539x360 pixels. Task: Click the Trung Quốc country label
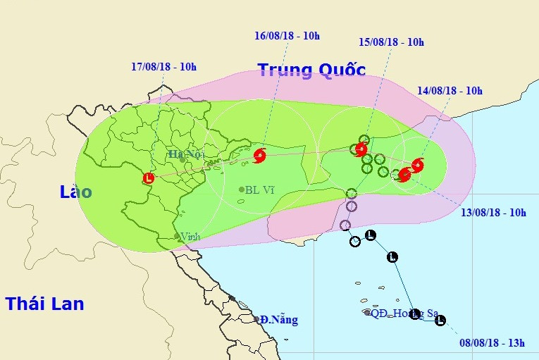click(311, 70)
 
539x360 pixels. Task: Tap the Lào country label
click(75, 192)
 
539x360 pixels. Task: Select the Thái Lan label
click(44, 304)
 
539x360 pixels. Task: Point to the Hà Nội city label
click(186, 154)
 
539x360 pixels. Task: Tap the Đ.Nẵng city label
click(279, 320)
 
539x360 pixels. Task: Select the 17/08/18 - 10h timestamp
click(163, 67)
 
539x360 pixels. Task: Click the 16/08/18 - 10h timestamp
click(287, 35)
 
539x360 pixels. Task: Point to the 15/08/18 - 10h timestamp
click(391, 42)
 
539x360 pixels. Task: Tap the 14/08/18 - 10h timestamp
click(450, 90)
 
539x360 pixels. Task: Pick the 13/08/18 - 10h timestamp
click(493, 212)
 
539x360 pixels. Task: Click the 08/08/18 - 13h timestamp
click(492, 342)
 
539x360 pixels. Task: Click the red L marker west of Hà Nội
click(149, 178)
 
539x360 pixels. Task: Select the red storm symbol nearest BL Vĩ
click(259, 156)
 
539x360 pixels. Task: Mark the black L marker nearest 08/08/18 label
click(440, 321)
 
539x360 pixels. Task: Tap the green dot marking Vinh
click(176, 236)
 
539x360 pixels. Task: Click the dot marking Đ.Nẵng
click(256, 320)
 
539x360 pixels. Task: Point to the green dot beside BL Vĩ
click(242, 190)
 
